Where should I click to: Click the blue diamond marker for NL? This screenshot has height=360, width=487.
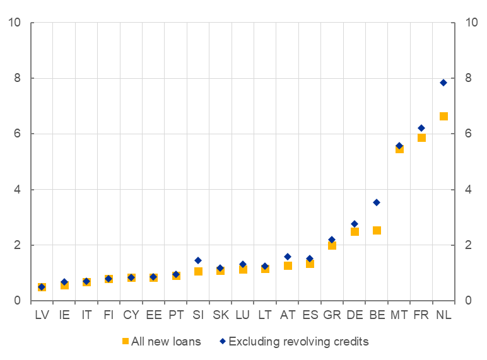(443, 83)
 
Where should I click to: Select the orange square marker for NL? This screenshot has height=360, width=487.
(443, 116)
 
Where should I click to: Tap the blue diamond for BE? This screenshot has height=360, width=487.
(377, 202)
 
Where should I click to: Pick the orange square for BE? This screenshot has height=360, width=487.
(377, 230)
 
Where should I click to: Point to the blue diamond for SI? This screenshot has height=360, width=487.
(198, 260)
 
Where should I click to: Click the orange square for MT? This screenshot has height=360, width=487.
(399, 149)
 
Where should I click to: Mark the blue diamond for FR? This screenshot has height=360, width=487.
(421, 128)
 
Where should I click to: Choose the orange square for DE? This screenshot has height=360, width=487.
(355, 231)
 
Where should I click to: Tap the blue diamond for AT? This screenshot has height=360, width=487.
(288, 257)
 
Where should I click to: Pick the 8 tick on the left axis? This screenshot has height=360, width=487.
(18, 78)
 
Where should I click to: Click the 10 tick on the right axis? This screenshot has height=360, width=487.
(471, 23)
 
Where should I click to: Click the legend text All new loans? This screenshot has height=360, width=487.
(166, 342)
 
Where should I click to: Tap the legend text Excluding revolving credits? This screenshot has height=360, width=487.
(298, 342)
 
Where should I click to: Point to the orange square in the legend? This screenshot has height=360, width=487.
(126, 341)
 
